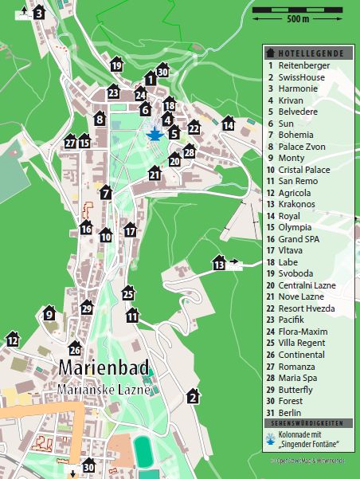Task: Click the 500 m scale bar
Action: (x=298, y=11)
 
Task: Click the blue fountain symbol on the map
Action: (x=155, y=135)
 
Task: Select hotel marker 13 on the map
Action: (x=219, y=263)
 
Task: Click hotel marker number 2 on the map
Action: (x=192, y=396)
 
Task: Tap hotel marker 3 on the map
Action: (x=38, y=13)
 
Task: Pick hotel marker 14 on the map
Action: (x=229, y=124)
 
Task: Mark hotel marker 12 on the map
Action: (x=12, y=340)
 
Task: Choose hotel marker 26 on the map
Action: (x=75, y=348)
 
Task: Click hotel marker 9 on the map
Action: (x=49, y=314)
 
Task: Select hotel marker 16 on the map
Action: (x=86, y=228)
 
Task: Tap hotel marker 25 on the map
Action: (x=128, y=294)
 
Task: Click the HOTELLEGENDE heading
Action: (x=310, y=53)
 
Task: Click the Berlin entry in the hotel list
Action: (x=290, y=412)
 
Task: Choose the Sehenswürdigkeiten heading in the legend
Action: (x=309, y=423)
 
